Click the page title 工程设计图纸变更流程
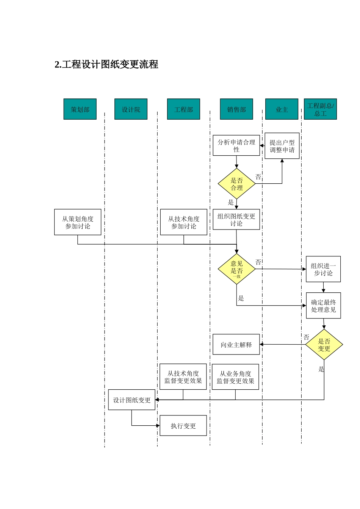[106, 65]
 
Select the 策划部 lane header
[80, 109]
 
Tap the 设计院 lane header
[131, 109]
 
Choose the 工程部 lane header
[183, 109]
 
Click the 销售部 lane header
[236, 109]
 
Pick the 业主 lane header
[282, 109]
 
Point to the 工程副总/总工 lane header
[320, 109]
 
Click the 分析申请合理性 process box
[236, 146]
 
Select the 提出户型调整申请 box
[282, 146]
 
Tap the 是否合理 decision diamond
[236, 184]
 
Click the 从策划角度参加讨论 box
[78, 222]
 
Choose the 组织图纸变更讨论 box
[236, 220]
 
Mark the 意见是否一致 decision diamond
[236, 269]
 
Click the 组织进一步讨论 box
[323, 269]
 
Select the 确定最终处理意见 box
[323, 306]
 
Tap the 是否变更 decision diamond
[324, 345]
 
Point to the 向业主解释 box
[236, 345]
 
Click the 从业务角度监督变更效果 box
[235, 377]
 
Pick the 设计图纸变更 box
[132, 400]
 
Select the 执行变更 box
[183, 426]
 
